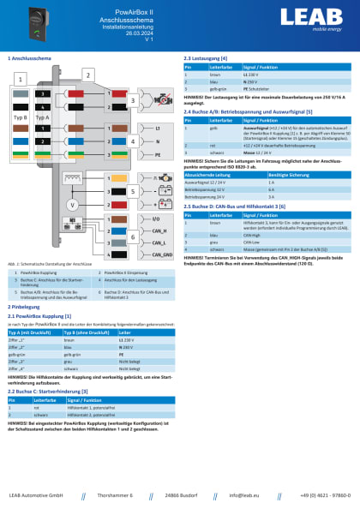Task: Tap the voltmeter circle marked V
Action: tap(73, 206)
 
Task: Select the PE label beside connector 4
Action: tap(157, 154)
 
